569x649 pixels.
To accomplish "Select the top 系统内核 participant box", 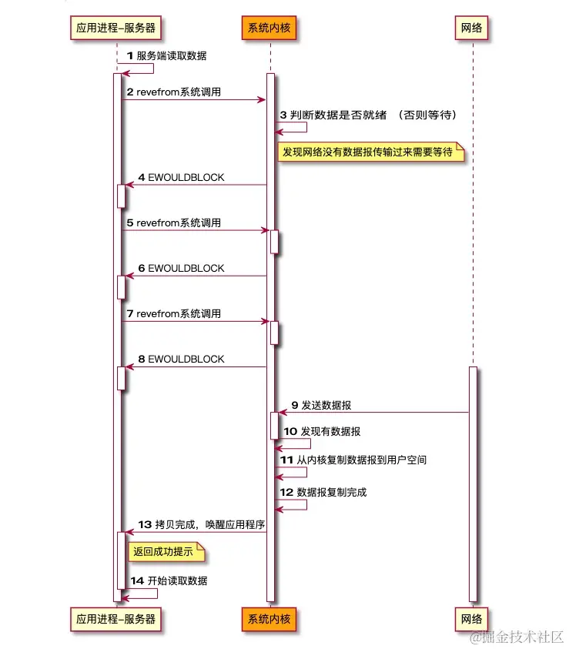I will point(269,28).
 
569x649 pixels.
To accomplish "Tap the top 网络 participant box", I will point(472,28).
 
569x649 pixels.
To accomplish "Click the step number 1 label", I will point(130,55).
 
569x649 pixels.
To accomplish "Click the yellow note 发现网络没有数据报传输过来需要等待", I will point(371,152).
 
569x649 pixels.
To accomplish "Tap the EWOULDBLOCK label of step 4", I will point(186,177).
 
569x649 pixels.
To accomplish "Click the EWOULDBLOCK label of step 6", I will point(186,268).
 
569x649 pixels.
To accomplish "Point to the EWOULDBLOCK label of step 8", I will point(186,359).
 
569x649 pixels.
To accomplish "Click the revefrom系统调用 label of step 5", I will point(179,222).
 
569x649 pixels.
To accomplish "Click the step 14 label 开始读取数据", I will point(177,580).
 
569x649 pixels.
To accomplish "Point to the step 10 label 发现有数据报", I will point(331,432).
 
